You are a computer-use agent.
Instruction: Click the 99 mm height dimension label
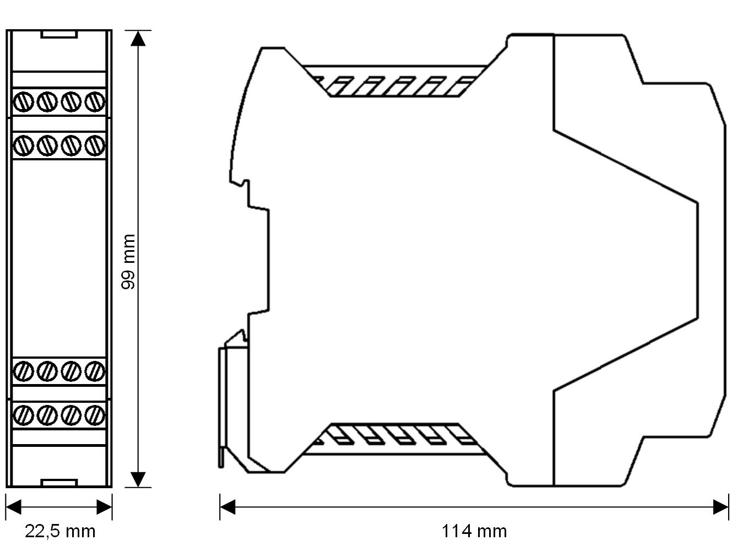point(128,262)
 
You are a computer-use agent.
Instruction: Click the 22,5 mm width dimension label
point(60,531)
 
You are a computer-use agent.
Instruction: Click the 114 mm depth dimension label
point(474,531)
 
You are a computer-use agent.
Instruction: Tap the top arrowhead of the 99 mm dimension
point(139,38)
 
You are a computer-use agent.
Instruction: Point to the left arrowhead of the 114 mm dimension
point(227,507)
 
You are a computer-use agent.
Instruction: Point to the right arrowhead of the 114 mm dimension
point(721,507)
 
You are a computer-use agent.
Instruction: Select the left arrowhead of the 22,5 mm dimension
point(13,507)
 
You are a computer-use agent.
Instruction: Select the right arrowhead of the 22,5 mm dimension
point(105,507)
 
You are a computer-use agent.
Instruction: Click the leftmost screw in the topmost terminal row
point(23,102)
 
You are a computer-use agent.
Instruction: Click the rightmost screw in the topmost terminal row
point(95,102)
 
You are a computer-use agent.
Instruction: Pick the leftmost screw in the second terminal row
point(23,145)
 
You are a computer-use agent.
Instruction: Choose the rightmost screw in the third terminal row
point(95,370)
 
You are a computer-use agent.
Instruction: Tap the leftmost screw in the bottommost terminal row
point(23,414)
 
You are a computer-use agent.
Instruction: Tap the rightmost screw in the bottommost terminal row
point(95,414)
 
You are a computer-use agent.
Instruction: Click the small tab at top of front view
point(59,34)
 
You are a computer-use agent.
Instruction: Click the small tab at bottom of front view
point(59,483)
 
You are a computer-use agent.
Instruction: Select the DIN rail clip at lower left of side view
point(234,402)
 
